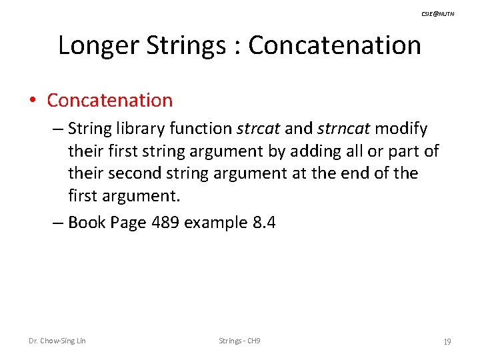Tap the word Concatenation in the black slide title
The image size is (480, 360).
point(335,45)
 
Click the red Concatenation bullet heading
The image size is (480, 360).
point(110,101)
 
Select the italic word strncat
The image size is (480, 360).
point(344,128)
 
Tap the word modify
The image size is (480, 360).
point(401,128)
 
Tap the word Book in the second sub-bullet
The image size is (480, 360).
point(88,222)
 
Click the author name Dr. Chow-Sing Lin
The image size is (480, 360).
point(57,341)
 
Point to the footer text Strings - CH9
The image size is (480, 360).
point(239,341)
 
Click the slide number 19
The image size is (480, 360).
point(447,341)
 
